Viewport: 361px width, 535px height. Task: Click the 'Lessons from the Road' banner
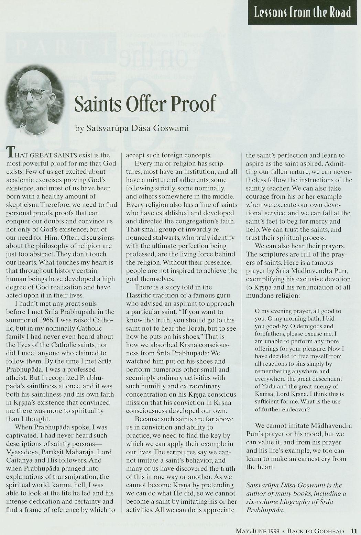click(302, 12)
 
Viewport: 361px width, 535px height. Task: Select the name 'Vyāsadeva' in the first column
click(22, 452)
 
